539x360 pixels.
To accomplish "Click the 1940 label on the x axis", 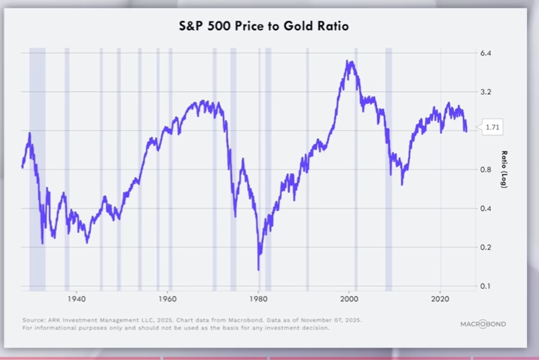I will point(76,298).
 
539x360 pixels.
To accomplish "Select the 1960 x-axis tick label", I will point(167,298).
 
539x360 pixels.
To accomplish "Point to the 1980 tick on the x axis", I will point(258,298).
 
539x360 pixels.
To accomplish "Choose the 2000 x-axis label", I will point(350,298).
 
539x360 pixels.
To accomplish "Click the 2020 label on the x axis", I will point(440,298).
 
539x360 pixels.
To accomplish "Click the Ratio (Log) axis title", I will point(504,169).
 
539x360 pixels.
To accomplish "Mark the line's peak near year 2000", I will point(348,62).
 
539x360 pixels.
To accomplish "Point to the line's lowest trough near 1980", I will point(258,269).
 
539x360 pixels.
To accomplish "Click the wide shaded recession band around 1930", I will point(37,168).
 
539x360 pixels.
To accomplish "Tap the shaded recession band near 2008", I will point(388,168).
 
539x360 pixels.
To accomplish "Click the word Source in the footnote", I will point(33,320).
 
